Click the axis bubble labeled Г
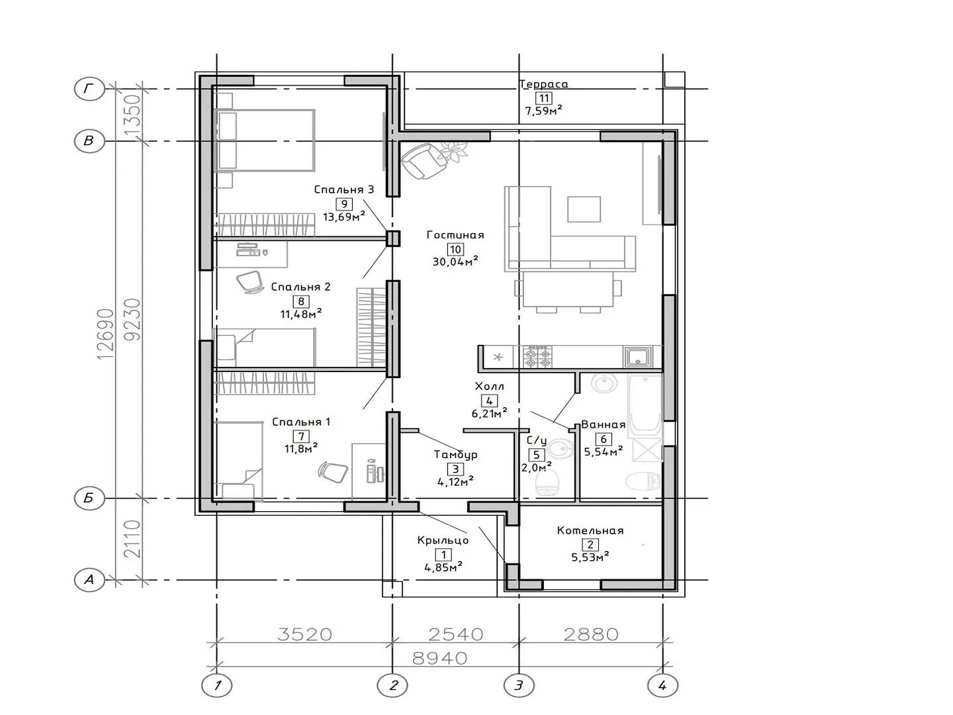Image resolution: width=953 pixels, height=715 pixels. point(89,89)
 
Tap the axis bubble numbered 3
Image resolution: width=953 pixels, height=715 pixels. point(519,685)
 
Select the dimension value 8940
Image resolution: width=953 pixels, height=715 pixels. point(440,659)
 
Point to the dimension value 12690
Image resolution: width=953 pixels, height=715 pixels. point(105,334)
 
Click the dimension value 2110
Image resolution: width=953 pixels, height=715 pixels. point(132,539)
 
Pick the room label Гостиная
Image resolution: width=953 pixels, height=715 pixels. point(455,235)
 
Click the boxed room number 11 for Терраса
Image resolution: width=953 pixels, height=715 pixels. point(543,98)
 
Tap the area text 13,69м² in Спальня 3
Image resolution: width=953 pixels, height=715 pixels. point(344,216)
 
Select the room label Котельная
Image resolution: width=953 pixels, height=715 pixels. point(590,530)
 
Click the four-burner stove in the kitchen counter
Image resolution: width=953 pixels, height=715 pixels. point(538,357)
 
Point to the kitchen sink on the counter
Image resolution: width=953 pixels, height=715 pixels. point(639,358)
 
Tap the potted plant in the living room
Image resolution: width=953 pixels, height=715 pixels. point(453,152)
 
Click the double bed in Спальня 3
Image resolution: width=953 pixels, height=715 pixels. point(265,140)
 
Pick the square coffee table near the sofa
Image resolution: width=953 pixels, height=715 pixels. point(584,209)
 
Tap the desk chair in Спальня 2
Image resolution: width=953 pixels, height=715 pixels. point(250,282)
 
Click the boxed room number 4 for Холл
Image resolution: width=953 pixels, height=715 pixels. point(489,401)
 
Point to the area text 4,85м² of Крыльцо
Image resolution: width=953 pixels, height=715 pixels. point(443,567)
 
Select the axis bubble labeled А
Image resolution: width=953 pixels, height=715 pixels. point(89,579)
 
